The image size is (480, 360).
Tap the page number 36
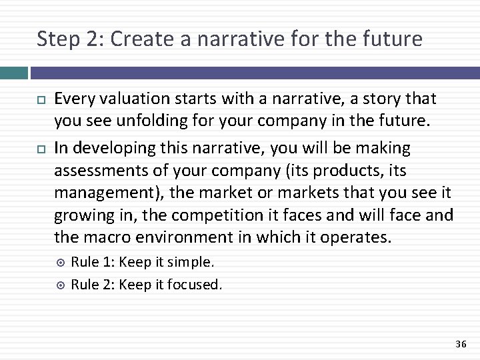(460, 343)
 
